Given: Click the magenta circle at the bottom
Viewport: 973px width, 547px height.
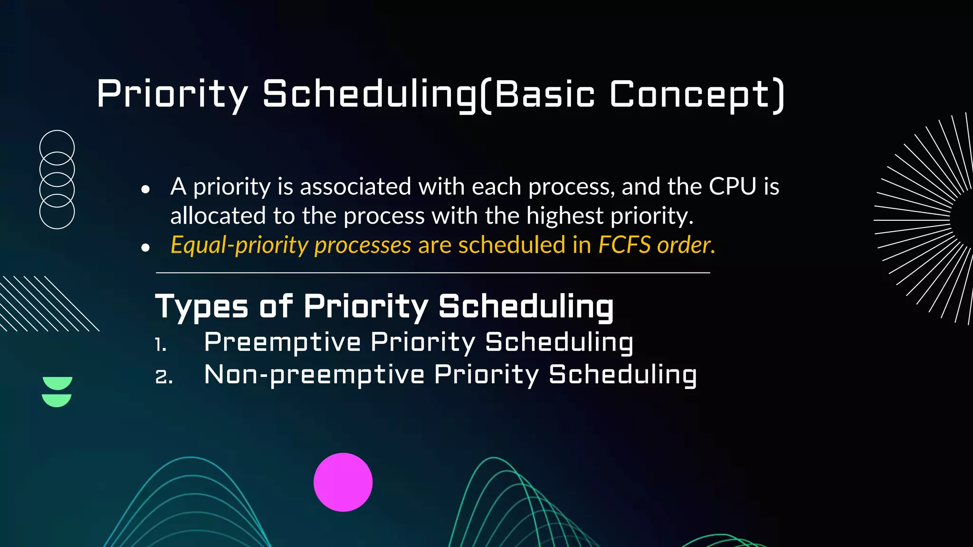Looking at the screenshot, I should [x=343, y=482].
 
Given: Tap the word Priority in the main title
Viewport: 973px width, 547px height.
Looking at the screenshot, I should [x=172, y=94].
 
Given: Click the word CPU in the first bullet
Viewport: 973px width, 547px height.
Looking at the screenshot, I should [x=732, y=186].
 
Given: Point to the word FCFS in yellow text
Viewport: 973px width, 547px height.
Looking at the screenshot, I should [x=624, y=245].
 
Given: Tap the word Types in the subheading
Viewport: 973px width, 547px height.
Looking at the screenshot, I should [x=201, y=307].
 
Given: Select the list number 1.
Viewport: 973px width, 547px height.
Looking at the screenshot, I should [x=160, y=344].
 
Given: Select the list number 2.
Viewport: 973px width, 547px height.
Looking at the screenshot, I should [x=163, y=377].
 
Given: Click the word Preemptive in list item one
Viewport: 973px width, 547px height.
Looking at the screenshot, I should [x=282, y=343].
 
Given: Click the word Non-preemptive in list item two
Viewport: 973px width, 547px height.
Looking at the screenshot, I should [x=314, y=375].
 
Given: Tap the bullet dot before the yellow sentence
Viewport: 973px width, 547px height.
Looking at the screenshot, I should [x=145, y=247].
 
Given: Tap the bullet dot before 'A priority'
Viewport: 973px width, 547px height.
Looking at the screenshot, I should [x=145, y=189].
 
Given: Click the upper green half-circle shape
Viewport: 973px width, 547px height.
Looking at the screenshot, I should [x=57, y=382].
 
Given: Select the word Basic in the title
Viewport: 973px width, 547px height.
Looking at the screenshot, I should [x=544, y=94].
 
